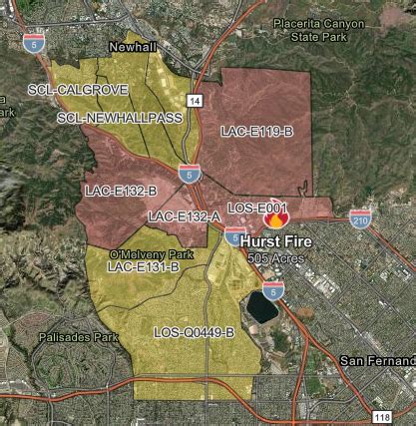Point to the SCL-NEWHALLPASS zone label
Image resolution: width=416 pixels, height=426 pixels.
point(104,118)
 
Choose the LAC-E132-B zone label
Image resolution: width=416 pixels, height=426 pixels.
point(121,190)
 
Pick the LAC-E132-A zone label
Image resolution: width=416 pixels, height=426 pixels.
point(184,215)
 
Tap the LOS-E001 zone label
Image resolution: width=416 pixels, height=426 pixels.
point(257,207)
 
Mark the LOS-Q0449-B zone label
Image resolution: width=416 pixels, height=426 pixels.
point(195,331)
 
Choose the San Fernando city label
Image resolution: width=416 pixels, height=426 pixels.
point(377,360)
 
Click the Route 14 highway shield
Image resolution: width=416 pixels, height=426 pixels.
point(194,101)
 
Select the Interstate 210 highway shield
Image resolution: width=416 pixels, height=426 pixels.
point(360,216)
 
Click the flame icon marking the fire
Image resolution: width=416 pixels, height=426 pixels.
point(276,218)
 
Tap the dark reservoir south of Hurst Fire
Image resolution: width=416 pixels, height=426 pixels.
point(262,306)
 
